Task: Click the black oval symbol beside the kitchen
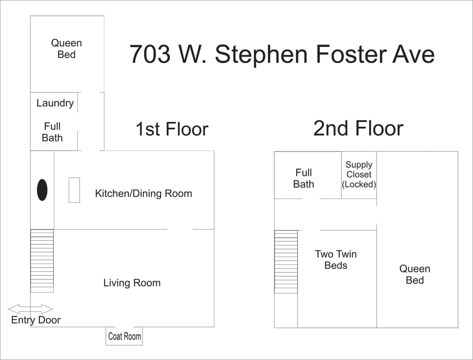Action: pyautogui.click(x=42, y=190)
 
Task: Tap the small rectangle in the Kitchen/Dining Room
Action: pyautogui.click(x=74, y=190)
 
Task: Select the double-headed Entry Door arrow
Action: pyautogui.click(x=31, y=309)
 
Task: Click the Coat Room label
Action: pyautogui.click(x=124, y=336)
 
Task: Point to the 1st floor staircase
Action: pyautogui.click(x=42, y=261)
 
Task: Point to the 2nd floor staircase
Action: pyautogui.click(x=286, y=262)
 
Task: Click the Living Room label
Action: pyautogui.click(x=132, y=283)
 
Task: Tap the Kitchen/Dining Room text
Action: pyautogui.click(x=143, y=194)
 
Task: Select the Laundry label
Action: pyautogui.click(x=55, y=103)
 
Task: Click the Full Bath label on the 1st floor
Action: pyautogui.click(x=52, y=132)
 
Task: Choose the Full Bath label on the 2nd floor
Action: pyautogui.click(x=304, y=178)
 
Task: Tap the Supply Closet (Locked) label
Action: pyautogui.click(x=359, y=174)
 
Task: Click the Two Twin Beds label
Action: pyautogui.click(x=336, y=260)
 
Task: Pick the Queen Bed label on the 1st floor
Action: pyautogui.click(x=67, y=49)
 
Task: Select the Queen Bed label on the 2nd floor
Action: pyautogui.click(x=415, y=274)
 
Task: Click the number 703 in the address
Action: pyautogui.click(x=150, y=54)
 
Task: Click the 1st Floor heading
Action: pyautogui.click(x=172, y=129)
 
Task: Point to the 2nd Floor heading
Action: pyautogui.click(x=358, y=128)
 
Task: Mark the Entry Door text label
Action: pyautogui.click(x=36, y=320)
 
